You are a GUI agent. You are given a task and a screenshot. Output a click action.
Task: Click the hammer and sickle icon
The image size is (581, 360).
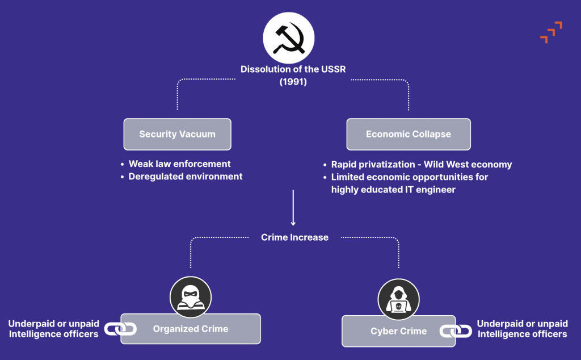coord(289,38)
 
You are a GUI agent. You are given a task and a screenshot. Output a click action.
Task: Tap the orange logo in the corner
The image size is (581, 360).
coord(551,32)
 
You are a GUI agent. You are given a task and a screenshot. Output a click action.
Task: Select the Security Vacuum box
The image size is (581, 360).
coord(177,134)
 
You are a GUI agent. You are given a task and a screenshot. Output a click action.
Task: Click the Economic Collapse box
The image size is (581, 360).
coord(409,134)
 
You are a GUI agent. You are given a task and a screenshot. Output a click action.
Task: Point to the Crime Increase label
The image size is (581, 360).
coord(294,237)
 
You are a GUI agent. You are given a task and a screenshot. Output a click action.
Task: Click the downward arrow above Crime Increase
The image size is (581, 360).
coord(293,208)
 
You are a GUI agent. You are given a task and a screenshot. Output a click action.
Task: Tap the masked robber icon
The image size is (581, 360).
coord(191,297)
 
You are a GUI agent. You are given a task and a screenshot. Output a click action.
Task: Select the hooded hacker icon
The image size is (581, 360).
coord(398,299)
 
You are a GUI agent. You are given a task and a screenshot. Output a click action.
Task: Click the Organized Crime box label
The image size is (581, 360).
coord(191,329)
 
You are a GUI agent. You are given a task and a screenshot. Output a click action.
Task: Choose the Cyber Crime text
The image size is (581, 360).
coord(398,331)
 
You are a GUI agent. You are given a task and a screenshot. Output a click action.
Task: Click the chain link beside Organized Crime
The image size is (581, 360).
coord(120,329)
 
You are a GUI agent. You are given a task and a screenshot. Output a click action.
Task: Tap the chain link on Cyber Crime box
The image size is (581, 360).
coord(456,330)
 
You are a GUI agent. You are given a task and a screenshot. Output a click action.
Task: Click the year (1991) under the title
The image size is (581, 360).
coord(293,82)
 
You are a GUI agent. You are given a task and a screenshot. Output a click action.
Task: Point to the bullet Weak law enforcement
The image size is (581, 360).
coord(179,164)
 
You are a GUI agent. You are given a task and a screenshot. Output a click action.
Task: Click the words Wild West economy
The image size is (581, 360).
coord(468,164)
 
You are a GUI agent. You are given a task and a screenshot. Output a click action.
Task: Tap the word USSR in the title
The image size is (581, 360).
coord(334,69)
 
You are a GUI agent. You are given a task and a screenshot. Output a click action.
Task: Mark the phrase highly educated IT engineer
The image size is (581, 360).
coord(393,190)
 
